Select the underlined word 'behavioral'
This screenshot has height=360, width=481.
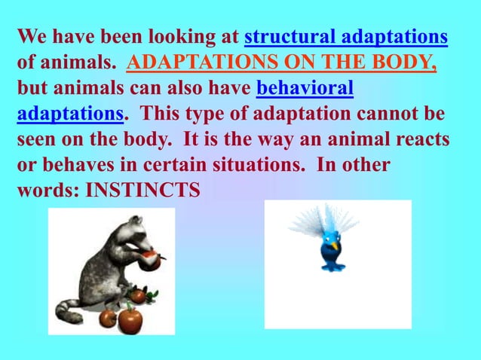pyautogui.click(x=305, y=89)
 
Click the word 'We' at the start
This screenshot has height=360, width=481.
pyautogui.click(x=31, y=37)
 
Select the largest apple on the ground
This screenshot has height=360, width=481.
pyautogui.click(x=130, y=319)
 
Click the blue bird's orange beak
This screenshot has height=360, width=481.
pyautogui.click(x=333, y=246)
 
